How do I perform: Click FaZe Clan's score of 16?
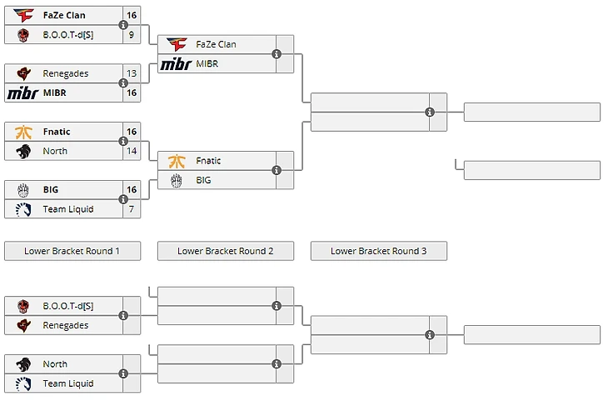pos(132,15)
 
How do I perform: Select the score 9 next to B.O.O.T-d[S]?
pos(132,34)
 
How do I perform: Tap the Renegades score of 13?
pos(132,73)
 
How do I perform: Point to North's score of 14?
pos(132,151)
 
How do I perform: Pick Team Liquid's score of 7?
pos(132,209)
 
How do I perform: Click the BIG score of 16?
pos(132,190)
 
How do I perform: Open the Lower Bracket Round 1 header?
pos(72,251)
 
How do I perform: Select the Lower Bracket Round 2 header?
pos(225,251)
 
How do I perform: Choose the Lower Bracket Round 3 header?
pos(378,251)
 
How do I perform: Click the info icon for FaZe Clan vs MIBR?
pos(277,54)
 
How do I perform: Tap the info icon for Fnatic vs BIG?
pos(277,170)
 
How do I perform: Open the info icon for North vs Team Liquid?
pos(123,373)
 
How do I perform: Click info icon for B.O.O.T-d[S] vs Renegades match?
pos(123,315)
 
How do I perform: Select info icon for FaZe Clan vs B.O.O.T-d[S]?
pos(123,25)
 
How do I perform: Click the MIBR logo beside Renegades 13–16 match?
pos(22,93)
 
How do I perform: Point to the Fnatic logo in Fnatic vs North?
pos(23,132)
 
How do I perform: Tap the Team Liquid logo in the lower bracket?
pos(23,383)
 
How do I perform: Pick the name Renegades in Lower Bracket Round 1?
pos(66,325)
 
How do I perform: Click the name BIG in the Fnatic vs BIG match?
pos(204,180)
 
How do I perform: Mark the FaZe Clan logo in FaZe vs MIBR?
pos(177,44)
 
